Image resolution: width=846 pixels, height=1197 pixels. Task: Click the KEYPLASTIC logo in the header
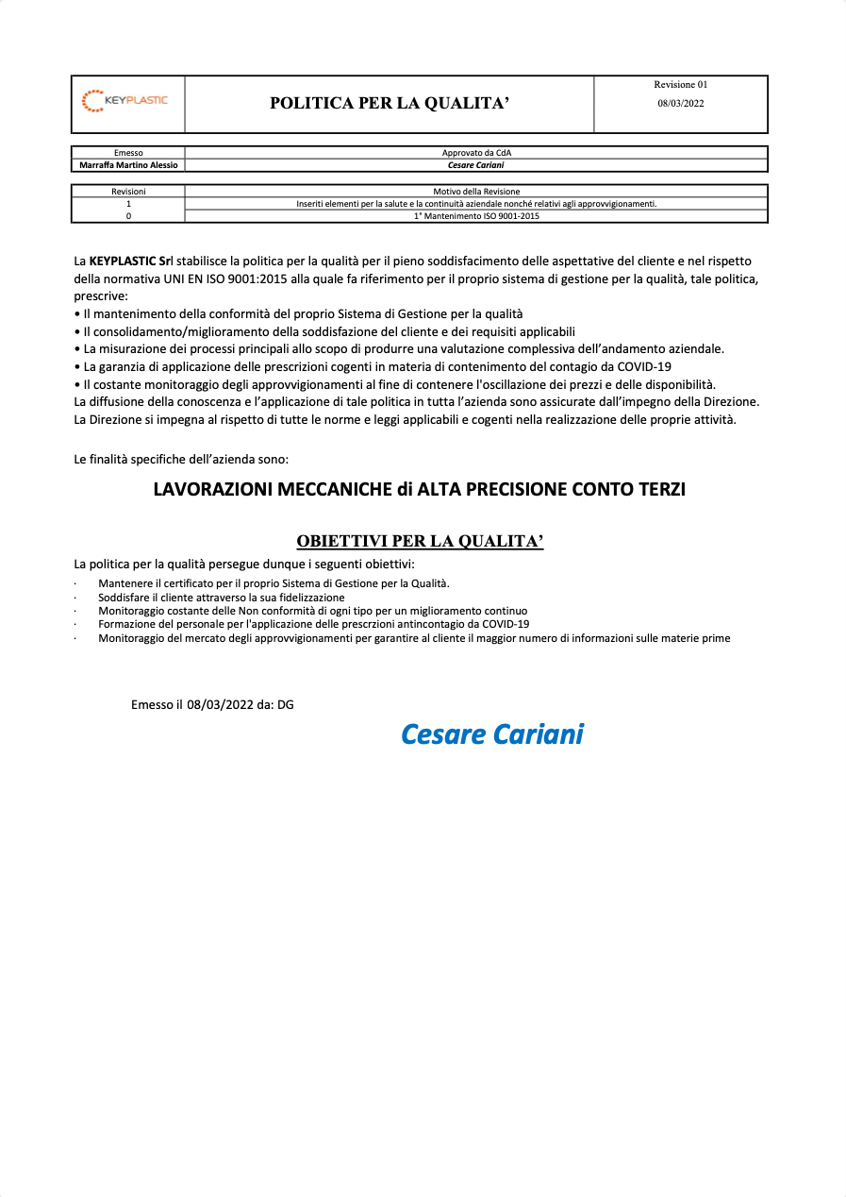tap(126, 101)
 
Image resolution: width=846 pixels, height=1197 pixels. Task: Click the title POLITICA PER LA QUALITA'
tap(390, 104)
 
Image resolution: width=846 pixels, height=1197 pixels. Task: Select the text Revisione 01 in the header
tap(680, 85)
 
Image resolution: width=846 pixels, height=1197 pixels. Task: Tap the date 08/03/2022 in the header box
tap(680, 104)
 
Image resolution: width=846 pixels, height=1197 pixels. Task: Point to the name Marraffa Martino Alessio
tap(128, 165)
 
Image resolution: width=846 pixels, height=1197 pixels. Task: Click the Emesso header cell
tap(128, 153)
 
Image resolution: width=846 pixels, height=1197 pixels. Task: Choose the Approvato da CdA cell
tap(476, 153)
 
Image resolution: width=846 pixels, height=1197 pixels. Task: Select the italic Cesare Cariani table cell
tap(476, 165)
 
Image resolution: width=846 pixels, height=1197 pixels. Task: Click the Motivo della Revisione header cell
tap(476, 192)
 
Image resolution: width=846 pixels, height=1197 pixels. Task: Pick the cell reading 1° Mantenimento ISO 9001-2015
tap(476, 216)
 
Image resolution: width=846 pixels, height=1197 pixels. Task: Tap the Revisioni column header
tap(128, 192)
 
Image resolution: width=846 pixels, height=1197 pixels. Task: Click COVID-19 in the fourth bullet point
tap(644, 366)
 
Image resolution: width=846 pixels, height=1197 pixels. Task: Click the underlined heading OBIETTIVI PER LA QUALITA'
tap(420, 541)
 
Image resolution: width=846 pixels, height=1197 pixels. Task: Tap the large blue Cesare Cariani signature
tap(492, 734)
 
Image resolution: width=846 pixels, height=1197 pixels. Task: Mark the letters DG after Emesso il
tap(285, 704)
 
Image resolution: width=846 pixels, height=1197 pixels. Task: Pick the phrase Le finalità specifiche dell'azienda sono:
tap(181, 460)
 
